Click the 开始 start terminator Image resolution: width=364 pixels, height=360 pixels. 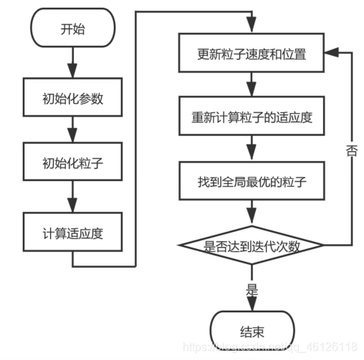pyautogui.click(x=72, y=30)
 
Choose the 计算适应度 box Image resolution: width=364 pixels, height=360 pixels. pyautogui.click(x=72, y=233)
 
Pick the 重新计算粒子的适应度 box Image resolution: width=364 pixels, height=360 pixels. pyautogui.click(x=252, y=117)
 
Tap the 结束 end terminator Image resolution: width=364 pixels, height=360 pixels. pyautogui.click(x=252, y=331)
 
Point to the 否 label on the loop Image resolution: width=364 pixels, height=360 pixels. pyautogui.click(x=352, y=152)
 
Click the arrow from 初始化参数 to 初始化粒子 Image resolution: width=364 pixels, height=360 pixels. pyautogui.click(x=72, y=132)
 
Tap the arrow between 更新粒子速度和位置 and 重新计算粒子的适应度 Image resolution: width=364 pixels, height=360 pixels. pyautogui.click(x=252, y=86)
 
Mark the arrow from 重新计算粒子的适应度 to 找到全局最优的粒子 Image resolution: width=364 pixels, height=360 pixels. pyautogui.click(x=252, y=150)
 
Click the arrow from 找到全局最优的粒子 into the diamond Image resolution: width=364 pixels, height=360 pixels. pyautogui.click(x=252, y=213)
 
